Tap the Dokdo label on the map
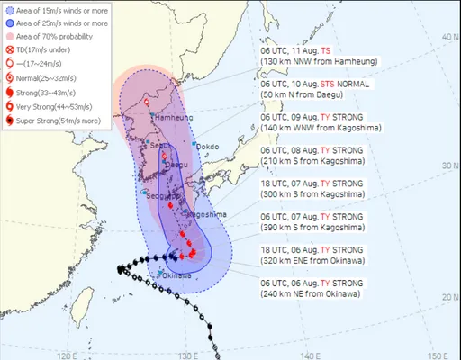(x=208, y=147)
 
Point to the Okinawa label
(x=174, y=274)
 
